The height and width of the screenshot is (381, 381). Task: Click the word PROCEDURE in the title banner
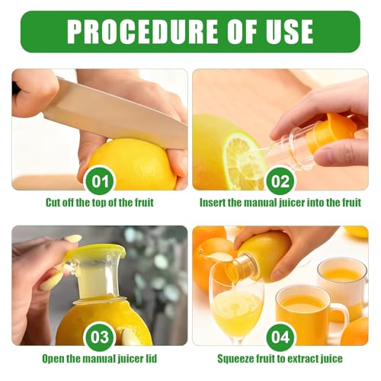(x=142, y=32)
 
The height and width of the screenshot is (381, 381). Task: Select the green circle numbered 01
(x=99, y=181)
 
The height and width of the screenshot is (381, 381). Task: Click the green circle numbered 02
(x=280, y=181)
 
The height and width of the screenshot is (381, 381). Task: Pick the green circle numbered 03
(x=99, y=337)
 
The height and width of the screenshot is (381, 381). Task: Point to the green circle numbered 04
(x=280, y=337)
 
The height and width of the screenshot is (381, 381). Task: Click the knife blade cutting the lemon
(x=114, y=114)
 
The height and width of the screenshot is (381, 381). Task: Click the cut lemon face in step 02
(x=242, y=162)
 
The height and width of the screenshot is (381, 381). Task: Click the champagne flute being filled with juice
(x=235, y=305)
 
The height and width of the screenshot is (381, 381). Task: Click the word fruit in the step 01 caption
(x=144, y=203)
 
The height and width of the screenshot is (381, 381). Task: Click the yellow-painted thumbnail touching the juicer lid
(x=73, y=239)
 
